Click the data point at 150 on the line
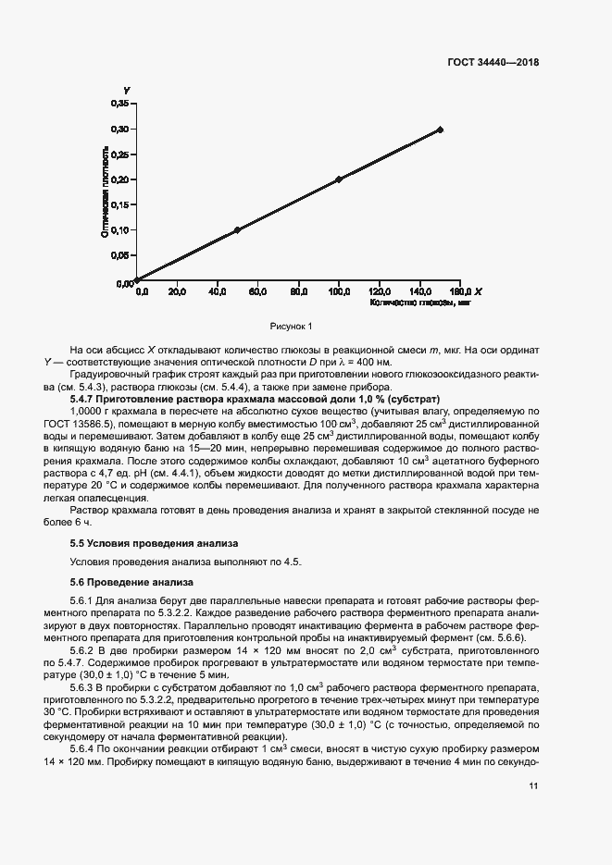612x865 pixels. point(440,130)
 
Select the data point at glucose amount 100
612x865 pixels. point(339,179)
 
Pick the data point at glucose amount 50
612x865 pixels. point(237,229)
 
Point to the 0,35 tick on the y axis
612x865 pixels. point(120,104)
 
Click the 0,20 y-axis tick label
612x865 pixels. point(120,179)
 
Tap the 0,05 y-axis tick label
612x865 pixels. point(120,255)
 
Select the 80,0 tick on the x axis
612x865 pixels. point(299,291)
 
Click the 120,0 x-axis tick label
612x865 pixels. point(380,291)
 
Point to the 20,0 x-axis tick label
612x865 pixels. point(177,291)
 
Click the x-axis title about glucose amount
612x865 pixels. point(420,302)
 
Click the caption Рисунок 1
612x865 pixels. point(292,326)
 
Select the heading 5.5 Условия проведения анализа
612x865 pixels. point(155,543)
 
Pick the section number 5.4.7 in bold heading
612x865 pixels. point(85,398)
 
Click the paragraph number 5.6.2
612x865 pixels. point(85,651)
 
